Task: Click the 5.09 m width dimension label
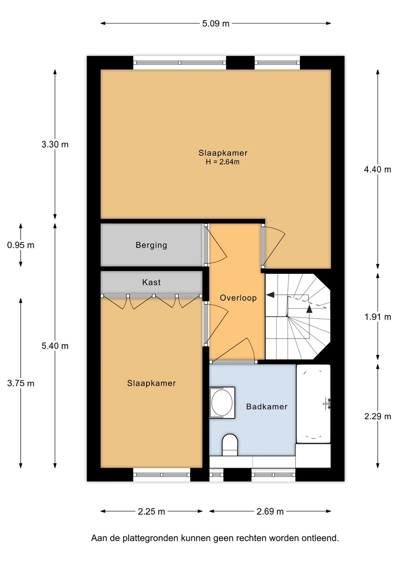[x=216, y=23]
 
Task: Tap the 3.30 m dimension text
[x=55, y=145]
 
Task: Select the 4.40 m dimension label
[x=377, y=170]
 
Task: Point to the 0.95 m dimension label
[x=21, y=245]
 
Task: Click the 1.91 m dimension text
[x=378, y=317]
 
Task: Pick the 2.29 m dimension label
[x=378, y=416]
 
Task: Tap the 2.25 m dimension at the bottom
[x=151, y=511]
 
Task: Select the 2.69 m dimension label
[x=270, y=511]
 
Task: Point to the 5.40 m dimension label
[x=55, y=346]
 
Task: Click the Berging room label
[x=151, y=245]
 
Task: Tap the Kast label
[x=151, y=282]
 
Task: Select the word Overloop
[x=238, y=298]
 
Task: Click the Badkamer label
[x=267, y=407]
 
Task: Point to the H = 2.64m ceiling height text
[x=222, y=162]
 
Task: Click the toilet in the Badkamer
[x=230, y=445]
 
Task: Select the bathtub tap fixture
[x=327, y=404]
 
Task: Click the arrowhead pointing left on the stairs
[x=271, y=295]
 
